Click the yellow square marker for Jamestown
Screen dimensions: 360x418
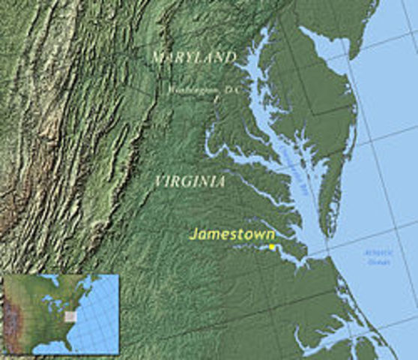[x=271, y=247]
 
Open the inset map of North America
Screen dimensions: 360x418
[x=61, y=313]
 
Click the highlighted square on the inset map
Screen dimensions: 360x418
[x=70, y=316]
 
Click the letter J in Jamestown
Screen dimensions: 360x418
[x=193, y=233]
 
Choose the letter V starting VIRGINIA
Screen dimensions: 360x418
[x=157, y=181]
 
